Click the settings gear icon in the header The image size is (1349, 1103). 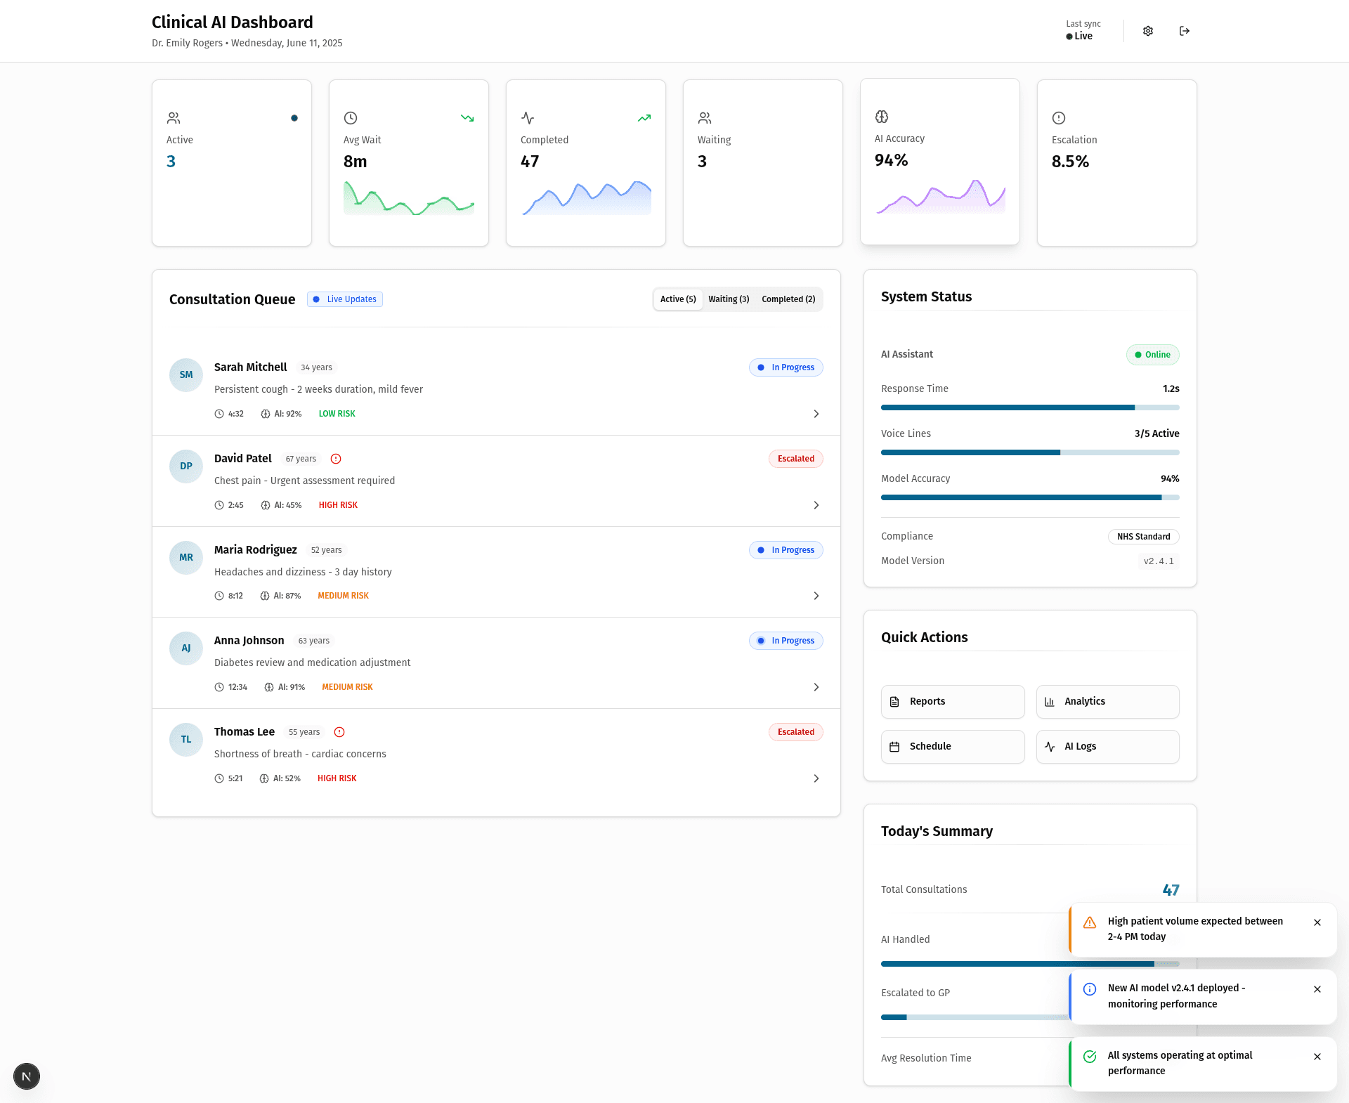coord(1148,31)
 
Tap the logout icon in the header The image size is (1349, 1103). coord(1185,31)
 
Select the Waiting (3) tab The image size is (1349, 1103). coord(729,299)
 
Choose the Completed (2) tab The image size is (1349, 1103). coord(788,299)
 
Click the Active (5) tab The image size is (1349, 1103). coord(678,299)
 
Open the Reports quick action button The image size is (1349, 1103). coord(953,702)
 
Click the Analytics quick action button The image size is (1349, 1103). coord(1108,702)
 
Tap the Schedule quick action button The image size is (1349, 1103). coord(953,747)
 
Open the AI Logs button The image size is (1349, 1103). coord(1108,747)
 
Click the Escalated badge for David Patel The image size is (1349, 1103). coord(796,459)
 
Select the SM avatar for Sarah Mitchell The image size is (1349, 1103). coord(186,375)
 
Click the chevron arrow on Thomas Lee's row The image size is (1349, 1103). coord(816,778)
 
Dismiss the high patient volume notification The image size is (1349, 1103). coord(1317,922)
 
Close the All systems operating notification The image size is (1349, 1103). coord(1317,1057)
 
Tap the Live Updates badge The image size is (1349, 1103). coord(345,299)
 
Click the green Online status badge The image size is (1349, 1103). coord(1153,355)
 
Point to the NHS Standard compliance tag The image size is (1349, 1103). coord(1144,537)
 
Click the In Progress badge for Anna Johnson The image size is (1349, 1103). coord(786,641)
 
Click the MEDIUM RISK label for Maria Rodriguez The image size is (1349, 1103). coord(343,596)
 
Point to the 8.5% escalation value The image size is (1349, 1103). coord(1070,162)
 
